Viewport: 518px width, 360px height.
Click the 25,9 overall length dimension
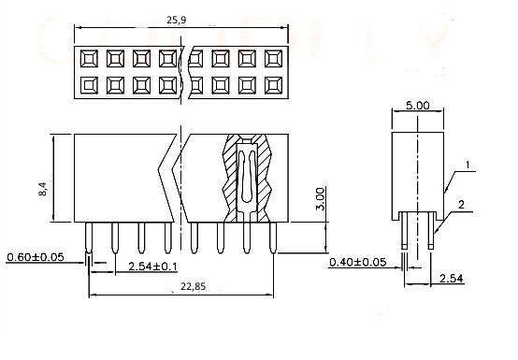pyautogui.click(x=177, y=20)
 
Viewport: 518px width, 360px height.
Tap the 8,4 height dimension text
pyautogui.click(x=43, y=189)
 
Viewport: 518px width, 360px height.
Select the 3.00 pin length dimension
pyautogui.click(x=320, y=199)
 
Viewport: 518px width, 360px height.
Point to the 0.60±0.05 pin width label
pyautogui.click(x=36, y=256)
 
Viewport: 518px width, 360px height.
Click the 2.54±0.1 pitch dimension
pyautogui.click(x=152, y=266)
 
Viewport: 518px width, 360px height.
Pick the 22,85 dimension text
pyautogui.click(x=194, y=286)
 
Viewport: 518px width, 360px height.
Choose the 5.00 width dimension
pyautogui.click(x=418, y=106)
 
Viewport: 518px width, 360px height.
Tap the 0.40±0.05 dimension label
pyautogui.click(x=358, y=262)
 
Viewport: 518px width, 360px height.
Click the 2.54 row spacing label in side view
pyautogui.click(x=452, y=279)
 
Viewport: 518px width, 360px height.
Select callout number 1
pyautogui.click(x=468, y=165)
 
